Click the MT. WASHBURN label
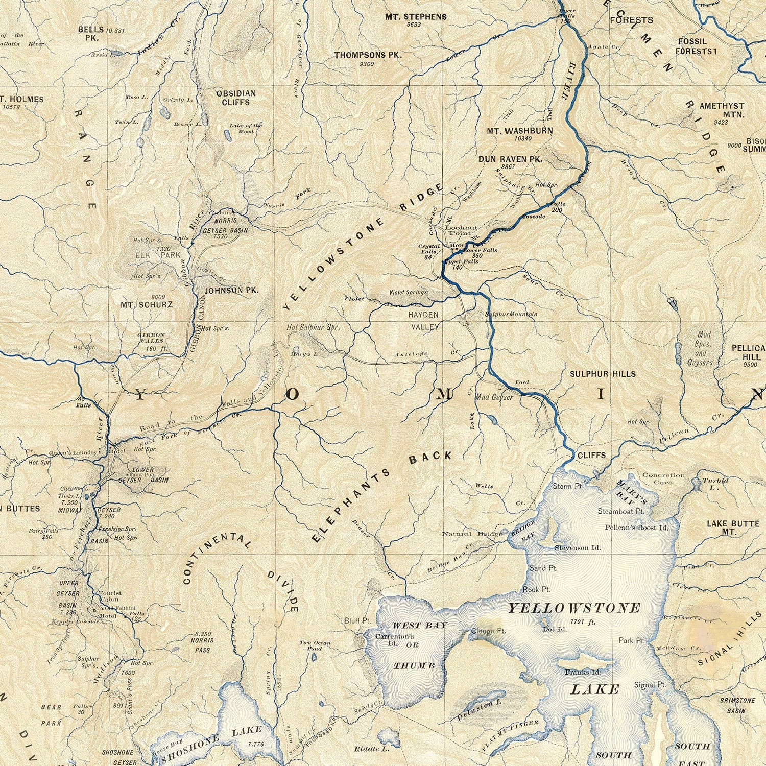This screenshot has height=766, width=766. click(519, 131)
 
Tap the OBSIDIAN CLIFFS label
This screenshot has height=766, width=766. click(235, 98)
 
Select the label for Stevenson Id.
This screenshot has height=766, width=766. click(578, 548)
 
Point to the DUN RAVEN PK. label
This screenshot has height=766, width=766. click(510, 159)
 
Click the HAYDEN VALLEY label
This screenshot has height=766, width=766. click(424, 321)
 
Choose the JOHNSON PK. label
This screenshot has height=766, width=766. click(231, 290)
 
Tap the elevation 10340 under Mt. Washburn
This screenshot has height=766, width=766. click(522, 138)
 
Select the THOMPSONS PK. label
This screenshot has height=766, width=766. click(368, 55)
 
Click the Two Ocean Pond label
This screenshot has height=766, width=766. click(315, 645)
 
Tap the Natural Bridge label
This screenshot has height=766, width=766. click(472, 534)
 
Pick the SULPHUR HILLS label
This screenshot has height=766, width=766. click(603, 374)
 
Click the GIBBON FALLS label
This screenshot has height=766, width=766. click(151, 338)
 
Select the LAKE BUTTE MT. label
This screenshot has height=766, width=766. click(732, 528)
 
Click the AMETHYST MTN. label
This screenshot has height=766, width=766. click(722, 110)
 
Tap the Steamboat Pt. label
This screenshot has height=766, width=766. click(620, 511)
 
